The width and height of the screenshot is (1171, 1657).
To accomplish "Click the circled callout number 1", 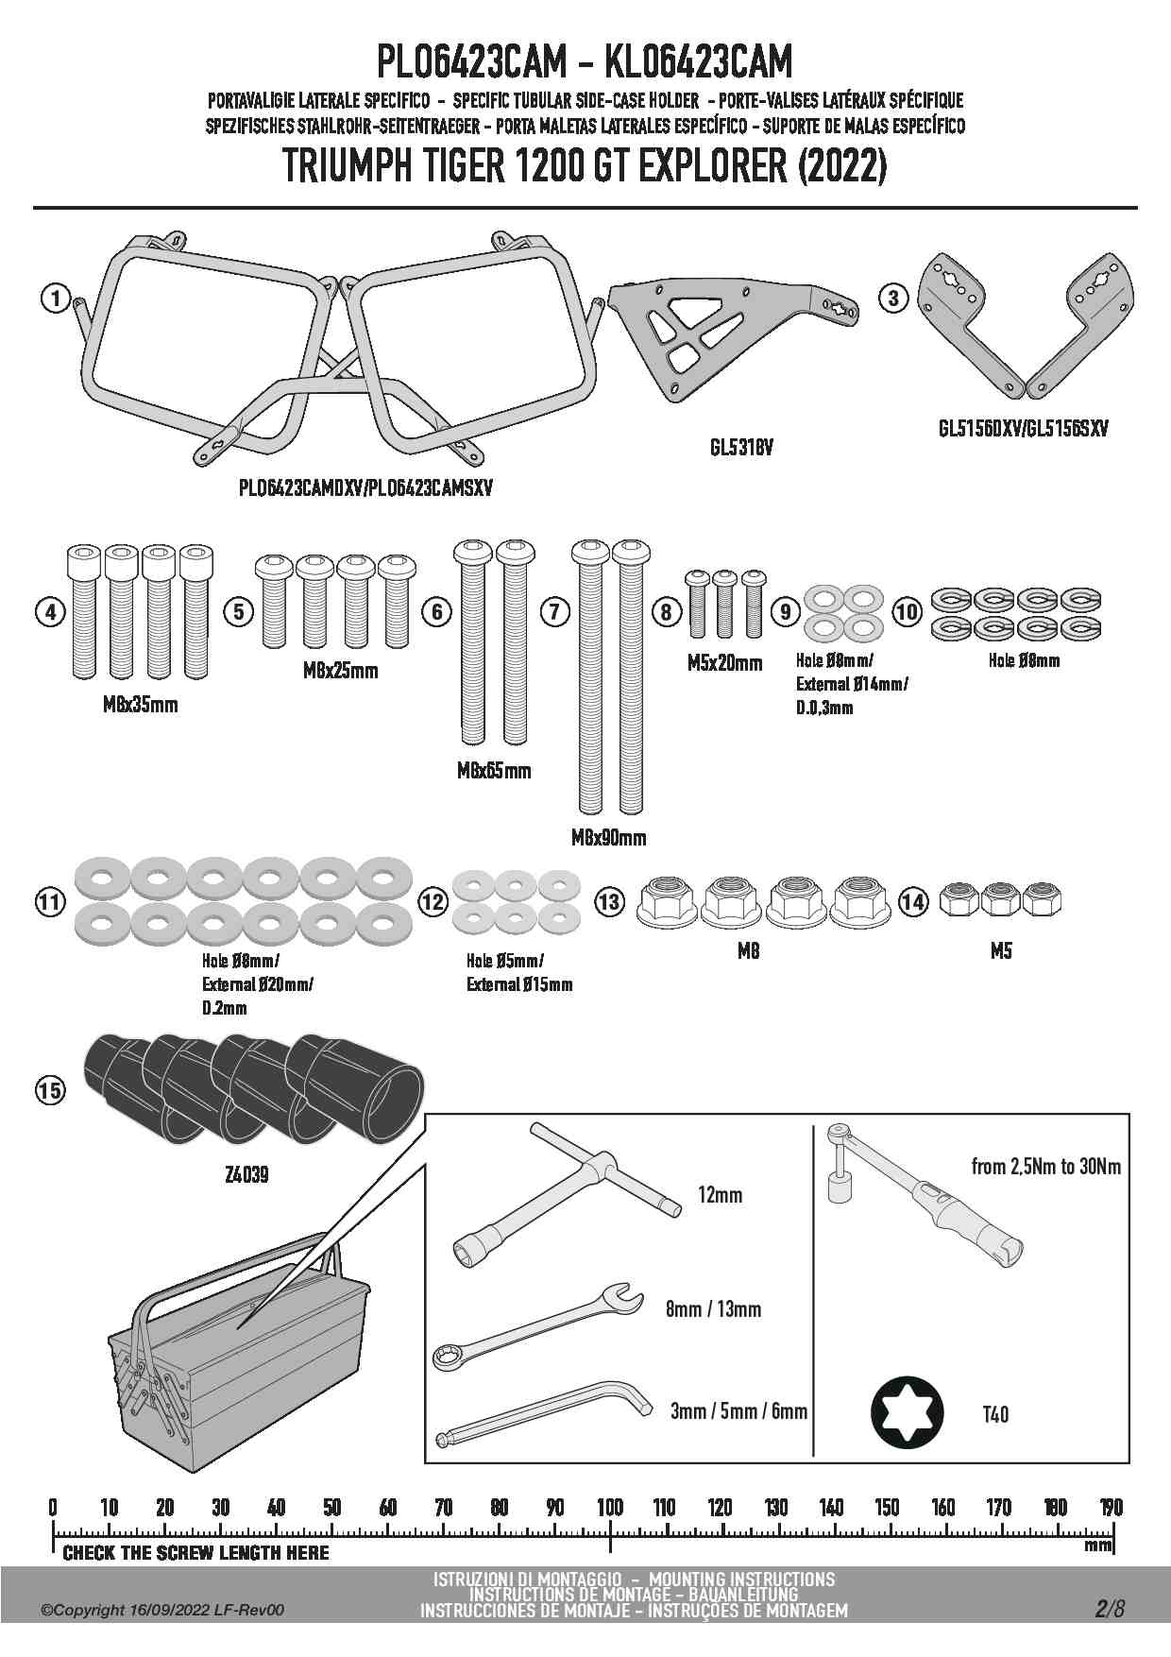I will [x=56, y=299].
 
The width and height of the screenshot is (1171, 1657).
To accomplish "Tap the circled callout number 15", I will [x=50, y=1090].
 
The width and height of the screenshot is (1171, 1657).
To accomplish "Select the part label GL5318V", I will [x=741, y=448].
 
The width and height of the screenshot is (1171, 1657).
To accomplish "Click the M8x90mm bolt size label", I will [x=609, y=837].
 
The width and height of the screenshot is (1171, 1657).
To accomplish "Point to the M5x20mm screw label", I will [x=724, y=663].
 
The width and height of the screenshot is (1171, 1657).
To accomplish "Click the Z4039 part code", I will [x=247, y=1174].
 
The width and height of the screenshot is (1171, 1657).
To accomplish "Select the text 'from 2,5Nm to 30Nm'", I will [x=1046, y=1167].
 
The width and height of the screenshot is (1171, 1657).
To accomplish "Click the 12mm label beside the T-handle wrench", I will [x=720, y=1195].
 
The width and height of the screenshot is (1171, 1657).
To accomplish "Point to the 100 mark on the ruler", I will [x=609, y=1508].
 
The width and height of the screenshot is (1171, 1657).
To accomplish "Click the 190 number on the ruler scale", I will [x=1111, y=1508].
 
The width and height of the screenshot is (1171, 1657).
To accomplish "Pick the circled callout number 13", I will [x=609, y=901].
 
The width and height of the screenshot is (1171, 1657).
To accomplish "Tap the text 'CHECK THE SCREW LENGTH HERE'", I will [x=195, y=1553].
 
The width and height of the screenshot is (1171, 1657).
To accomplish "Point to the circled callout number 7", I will [x=554, y=612].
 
